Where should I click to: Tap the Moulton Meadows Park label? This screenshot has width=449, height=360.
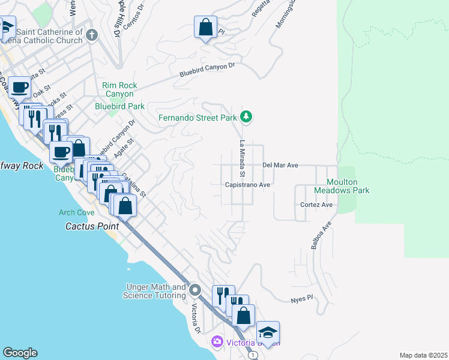pos(342,186)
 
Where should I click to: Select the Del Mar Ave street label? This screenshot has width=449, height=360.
pos(280,165)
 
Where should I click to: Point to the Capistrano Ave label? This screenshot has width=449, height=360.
pos(248,185)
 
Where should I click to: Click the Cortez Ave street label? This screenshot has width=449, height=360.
pos(316,205)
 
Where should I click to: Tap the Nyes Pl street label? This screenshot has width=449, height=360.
pos(302,298)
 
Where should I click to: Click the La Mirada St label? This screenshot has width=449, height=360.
pos(243,158)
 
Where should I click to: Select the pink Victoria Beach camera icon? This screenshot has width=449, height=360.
pos(217,342)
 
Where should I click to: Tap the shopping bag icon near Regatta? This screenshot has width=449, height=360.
pos(205,27)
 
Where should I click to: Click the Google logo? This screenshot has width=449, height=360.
pos(20,353)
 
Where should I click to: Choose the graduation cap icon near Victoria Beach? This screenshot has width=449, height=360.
pos(268,332)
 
